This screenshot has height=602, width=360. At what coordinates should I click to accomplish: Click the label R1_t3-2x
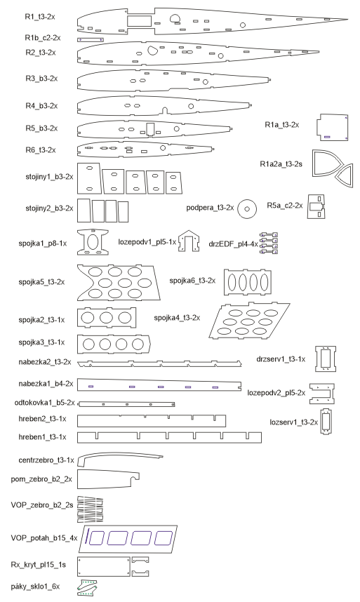(40, 17)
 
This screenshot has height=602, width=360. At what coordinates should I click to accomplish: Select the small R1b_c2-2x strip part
(91, 39)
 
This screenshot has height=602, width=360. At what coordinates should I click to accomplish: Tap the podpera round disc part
(247, 209)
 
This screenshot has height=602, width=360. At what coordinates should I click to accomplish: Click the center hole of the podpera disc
(247, 209)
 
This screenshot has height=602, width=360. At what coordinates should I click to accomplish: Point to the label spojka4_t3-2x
(177, 318)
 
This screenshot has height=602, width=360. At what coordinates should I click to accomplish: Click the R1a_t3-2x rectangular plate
(333, 128)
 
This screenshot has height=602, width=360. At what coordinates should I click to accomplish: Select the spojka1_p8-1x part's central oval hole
(93, 242)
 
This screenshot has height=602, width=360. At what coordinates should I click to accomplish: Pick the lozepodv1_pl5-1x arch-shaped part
(189, 242)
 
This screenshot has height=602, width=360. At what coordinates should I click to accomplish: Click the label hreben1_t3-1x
(42, 437)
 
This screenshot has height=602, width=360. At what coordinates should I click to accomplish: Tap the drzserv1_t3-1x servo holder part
(326, 359)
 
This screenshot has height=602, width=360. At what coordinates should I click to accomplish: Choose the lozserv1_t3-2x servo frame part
(326, 422)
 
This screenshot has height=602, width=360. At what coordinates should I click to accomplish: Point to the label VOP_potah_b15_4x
(44, 538)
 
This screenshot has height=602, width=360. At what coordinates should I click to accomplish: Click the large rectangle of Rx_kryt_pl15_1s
(104, 568)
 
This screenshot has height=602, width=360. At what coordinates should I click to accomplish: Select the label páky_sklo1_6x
(35, 587)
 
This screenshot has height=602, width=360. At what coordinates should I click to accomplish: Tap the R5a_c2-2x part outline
(316, 206)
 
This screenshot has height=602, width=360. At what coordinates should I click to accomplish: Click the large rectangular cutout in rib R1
(139, 21)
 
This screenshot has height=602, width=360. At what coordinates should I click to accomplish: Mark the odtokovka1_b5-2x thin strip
(126, 404)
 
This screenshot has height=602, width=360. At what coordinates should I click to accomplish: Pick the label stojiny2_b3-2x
(49, 208)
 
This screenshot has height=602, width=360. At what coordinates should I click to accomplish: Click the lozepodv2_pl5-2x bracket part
(322, 394)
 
